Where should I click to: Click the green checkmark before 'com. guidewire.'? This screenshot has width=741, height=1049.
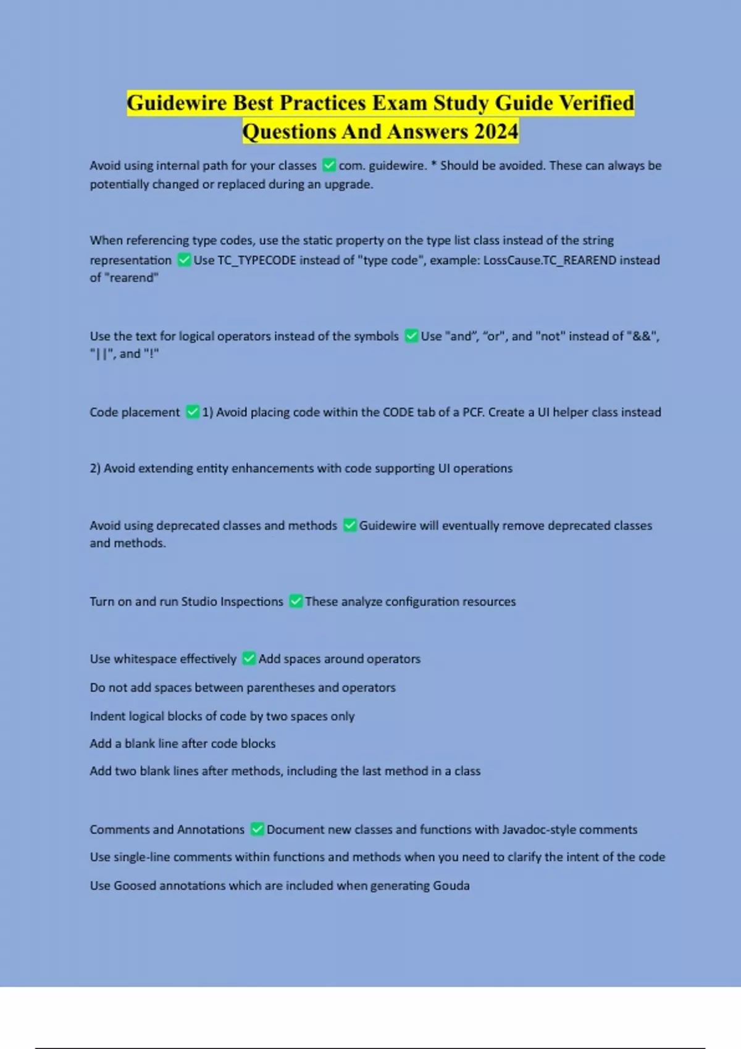point(329,165)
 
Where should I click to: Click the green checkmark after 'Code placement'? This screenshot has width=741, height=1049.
point(193,412)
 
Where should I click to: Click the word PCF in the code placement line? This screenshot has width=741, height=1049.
point(473,412)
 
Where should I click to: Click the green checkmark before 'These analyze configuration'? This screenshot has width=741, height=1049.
point(296,601)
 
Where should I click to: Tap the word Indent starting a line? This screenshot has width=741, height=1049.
point(107,716)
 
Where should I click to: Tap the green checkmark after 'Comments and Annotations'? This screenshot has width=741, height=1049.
point(257,830)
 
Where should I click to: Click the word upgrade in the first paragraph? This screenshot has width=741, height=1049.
point(348,185)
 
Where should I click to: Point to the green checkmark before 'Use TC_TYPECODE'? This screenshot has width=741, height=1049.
point(184,260)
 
